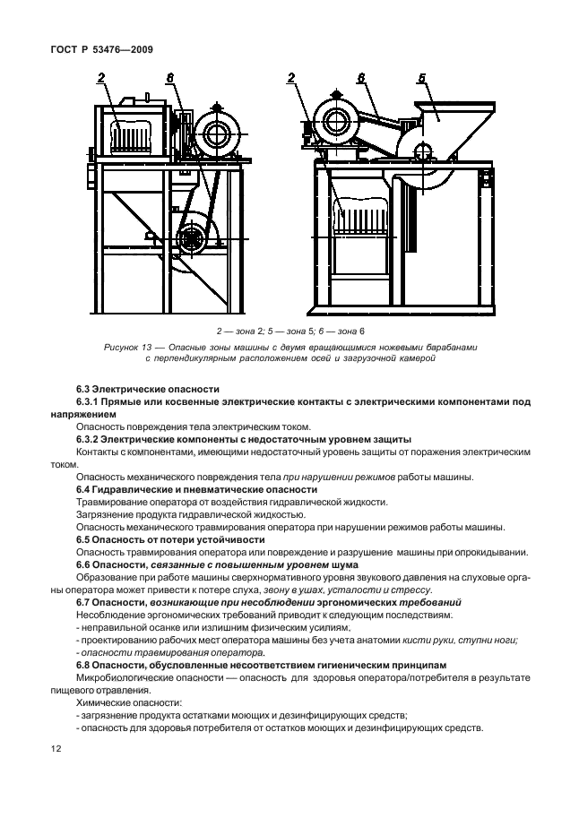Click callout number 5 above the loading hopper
421,79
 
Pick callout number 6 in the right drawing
360,79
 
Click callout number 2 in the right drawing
292,79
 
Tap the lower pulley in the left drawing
191,239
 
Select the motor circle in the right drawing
339,121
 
